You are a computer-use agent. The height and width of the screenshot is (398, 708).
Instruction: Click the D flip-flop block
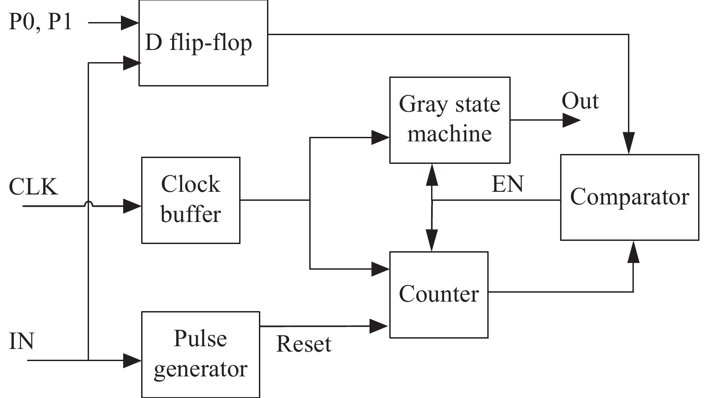(203, 43)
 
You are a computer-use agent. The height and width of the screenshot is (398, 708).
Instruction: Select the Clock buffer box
(191, 200)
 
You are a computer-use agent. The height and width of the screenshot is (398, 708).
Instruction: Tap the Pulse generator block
(200, 354)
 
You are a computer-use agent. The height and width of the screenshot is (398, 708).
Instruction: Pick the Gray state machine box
(450, 120)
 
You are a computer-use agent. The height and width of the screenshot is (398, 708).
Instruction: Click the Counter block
(439, 294)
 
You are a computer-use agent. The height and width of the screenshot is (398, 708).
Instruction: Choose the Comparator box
(629, 197)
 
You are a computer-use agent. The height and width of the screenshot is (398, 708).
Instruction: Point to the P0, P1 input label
(40, 22)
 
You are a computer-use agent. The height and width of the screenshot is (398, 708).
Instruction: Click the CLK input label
(34, 186)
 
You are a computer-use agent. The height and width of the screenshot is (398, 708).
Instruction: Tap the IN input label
(22, 341)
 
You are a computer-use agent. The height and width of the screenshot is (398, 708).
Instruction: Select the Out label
(580, 101)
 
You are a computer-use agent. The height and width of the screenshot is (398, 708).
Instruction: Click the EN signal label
(508, 184)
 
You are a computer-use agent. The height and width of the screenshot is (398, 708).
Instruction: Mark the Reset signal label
(303, 344)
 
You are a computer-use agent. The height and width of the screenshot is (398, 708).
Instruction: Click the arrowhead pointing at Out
(572, 120)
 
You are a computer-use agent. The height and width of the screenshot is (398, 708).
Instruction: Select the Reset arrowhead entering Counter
(379, 326)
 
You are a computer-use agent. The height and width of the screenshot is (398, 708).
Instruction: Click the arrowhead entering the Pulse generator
(132, 360)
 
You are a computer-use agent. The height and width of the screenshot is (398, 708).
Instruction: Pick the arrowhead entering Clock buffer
(132, 206)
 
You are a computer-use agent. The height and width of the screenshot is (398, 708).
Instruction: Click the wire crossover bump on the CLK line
(89, 204)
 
